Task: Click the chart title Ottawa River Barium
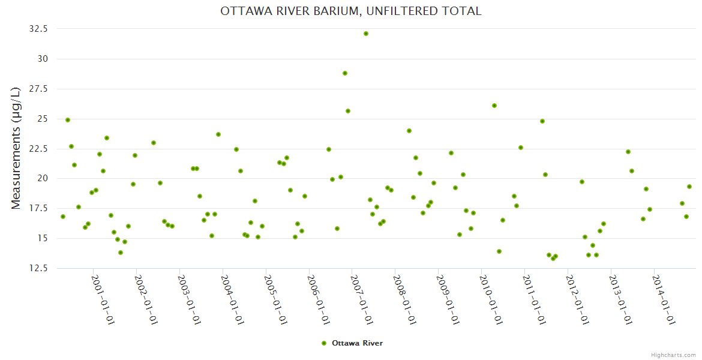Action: click(351, 11)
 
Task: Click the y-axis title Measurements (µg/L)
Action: click(16, 148)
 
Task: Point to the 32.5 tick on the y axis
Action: click(37, 29)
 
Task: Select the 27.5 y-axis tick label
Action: click(37, 89)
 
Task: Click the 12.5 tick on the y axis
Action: click(37, 268)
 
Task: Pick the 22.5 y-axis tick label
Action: click(37, 149)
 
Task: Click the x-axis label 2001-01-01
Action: click(103, 300)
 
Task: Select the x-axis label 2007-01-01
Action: click(362, 300)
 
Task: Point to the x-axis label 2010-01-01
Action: click(491, 300)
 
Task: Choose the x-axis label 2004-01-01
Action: click(232, 300)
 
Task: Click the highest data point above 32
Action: click(366, 34)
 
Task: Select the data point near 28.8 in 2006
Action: click(345, 73)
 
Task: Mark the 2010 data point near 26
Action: click(494, 106)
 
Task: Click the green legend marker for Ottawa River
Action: click(324, 343)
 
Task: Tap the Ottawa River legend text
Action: click(357, 343)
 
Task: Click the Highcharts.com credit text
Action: click(673, 355)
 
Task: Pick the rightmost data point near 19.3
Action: click(689, 187)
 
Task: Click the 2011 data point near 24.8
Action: click(542, 121)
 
